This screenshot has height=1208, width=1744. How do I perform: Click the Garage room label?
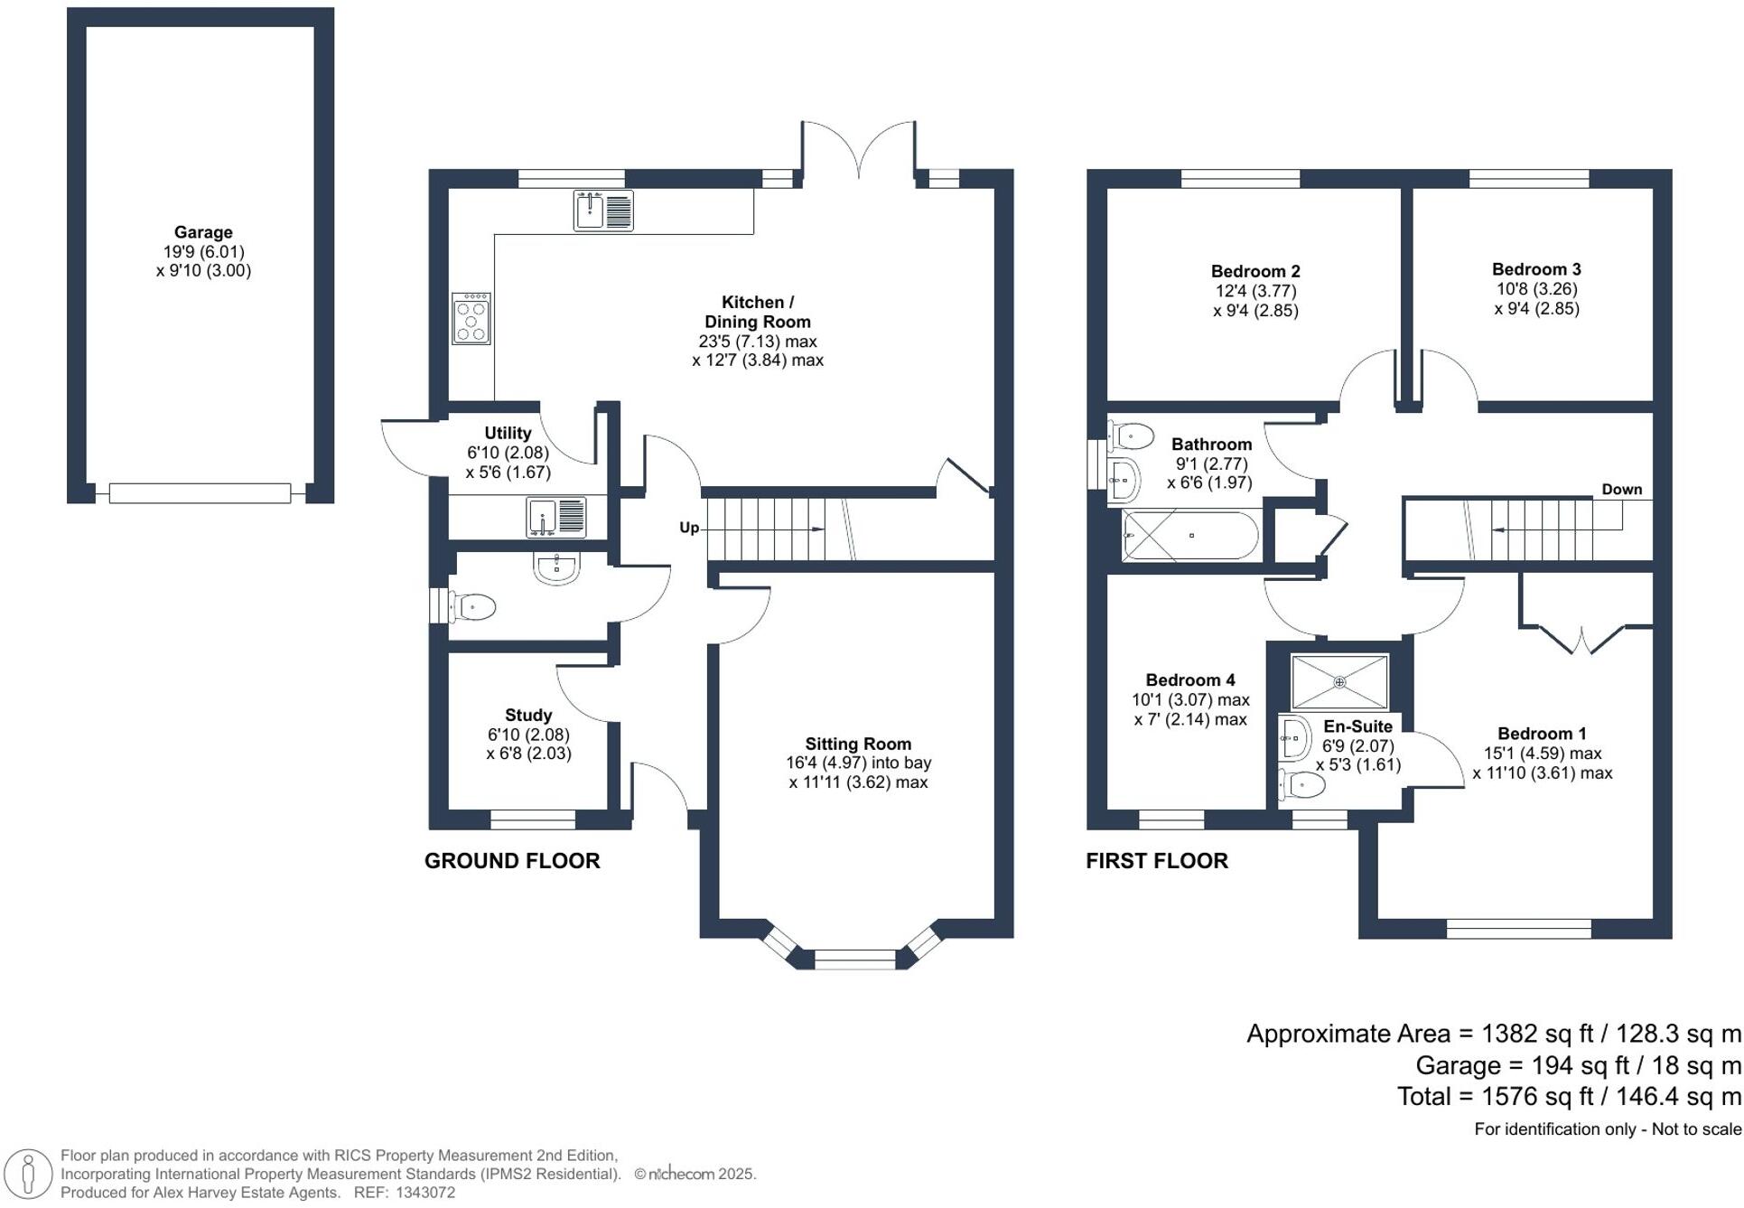click(x=203, y=232)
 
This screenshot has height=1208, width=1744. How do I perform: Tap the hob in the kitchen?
click(x=471, y=318)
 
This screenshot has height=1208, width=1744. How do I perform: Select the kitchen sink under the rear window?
click(x=603, y=211)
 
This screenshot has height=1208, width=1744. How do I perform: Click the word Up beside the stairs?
click(x=689, y=528)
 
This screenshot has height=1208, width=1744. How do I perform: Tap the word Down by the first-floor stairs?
click(x=1622, y=489)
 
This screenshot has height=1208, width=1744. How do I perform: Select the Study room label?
click(x=528, y=715)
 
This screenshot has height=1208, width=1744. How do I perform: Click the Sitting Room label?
click(x=858, y=744)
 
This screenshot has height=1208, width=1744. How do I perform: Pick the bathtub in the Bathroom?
click(x=1190, y=536)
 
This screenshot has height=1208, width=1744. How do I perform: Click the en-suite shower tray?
click(x=1339, y=682)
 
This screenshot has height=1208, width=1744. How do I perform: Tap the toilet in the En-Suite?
click(x=1301, y=784)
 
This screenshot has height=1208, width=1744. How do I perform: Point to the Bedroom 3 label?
click(x=1536, y=269)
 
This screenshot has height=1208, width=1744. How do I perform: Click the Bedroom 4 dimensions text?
click(x=1190, y=709)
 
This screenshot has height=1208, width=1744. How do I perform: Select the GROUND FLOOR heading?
click(x=512, y=861)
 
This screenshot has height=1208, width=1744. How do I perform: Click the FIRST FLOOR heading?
click(x=1157, y=861)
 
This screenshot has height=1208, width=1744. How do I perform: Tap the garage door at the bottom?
click(x=200, y=493)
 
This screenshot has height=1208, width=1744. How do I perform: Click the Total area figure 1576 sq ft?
click(x=1537, y=1096)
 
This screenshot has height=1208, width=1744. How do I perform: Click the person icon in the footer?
click(x=28, y=1175)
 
